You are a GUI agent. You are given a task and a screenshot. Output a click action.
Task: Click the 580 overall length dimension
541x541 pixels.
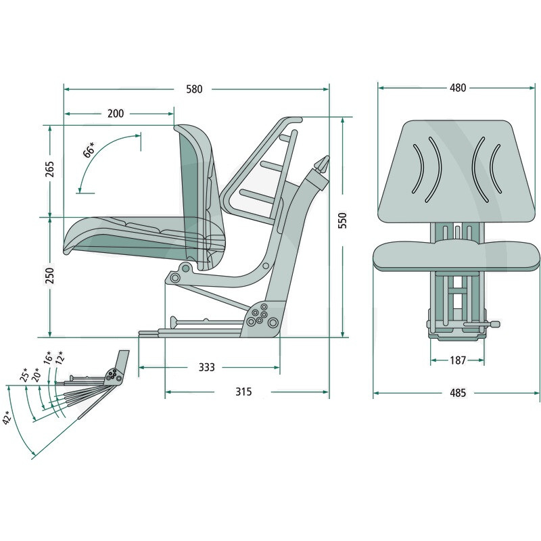coord(194,89)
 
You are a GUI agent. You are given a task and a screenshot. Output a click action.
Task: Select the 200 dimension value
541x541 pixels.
coord(116,114)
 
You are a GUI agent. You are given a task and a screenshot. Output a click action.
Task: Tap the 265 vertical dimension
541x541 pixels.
coord(50,169)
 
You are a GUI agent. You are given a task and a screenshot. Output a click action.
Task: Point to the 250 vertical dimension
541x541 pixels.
coord(50,275)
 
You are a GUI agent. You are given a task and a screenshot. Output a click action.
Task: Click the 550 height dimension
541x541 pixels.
coord(342,220)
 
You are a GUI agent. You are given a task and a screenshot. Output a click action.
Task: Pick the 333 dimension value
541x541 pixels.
coord(207,367)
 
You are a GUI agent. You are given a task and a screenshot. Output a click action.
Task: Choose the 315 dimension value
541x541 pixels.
coord(243,392)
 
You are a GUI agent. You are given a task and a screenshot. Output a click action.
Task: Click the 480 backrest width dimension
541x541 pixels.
coord(458,88)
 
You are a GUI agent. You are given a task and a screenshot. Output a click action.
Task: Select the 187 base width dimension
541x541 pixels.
coord(458,360)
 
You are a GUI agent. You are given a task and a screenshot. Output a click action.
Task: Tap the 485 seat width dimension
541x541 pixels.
coord(458,393)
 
